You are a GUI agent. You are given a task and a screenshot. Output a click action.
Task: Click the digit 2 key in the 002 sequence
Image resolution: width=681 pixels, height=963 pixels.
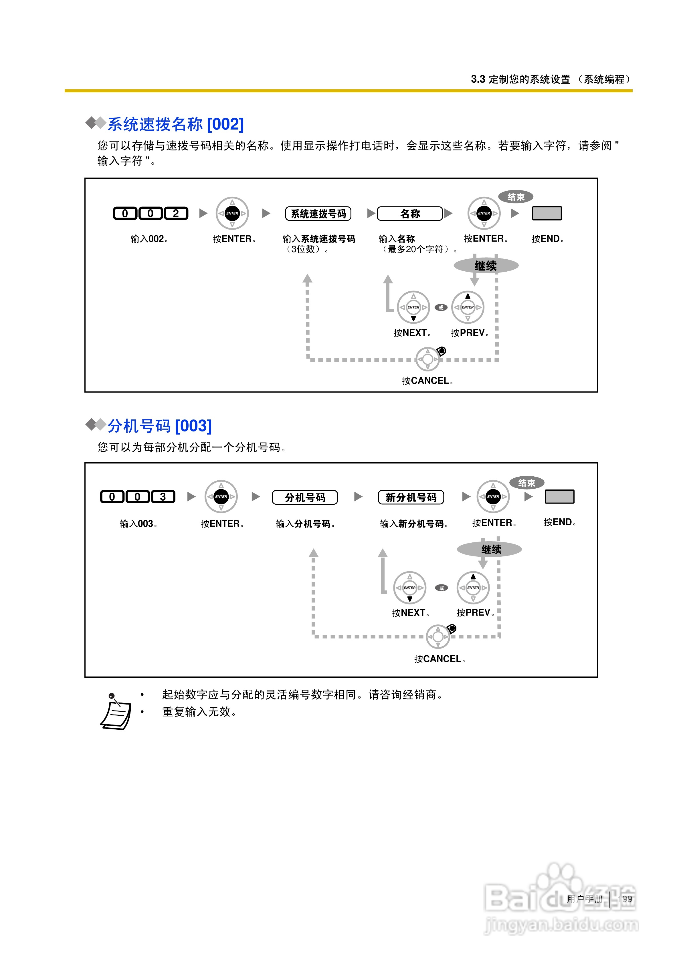[x=176, y=214]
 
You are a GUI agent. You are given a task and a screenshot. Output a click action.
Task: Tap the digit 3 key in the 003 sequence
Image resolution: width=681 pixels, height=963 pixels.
[x=163, y=497]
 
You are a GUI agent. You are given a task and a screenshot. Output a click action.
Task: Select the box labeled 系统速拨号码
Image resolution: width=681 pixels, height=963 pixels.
[x=318, y=214]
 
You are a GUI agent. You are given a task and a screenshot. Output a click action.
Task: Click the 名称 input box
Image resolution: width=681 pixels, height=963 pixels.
[x=410, y=214]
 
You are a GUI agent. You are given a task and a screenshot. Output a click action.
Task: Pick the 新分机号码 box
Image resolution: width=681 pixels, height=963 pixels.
[x=411, y=498]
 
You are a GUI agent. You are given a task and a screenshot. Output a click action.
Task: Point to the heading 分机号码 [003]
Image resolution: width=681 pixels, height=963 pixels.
[x=160, y=426]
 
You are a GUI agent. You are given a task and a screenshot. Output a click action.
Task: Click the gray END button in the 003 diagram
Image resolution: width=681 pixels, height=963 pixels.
[x=559, y=497]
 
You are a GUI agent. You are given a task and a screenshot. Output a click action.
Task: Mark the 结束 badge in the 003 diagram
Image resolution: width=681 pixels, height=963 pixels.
[x=526, y=483]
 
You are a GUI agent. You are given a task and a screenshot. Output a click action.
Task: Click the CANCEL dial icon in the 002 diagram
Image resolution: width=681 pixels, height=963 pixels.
[x=427, y=359]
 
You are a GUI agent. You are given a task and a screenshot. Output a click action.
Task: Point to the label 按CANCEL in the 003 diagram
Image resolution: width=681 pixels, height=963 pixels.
[x=440, y=659]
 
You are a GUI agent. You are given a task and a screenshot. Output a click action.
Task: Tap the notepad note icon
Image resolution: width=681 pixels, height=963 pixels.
[x=115, y=712]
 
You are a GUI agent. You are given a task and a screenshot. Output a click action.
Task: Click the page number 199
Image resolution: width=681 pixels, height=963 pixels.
[x=625, y=899]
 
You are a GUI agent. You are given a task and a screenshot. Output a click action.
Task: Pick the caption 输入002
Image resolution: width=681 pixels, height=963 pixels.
[x=149, y=239]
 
